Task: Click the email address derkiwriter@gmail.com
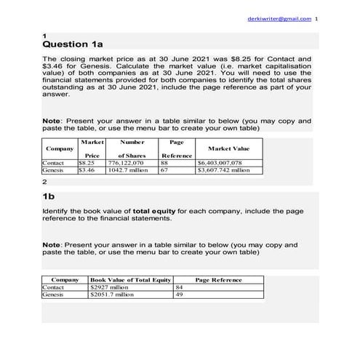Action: tap(279, 18)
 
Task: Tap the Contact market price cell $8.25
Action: tap(87, 164)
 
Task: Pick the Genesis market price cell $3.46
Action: tap(87, 170)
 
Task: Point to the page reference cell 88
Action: tap(164, 164)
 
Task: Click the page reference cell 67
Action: tap(164, 170)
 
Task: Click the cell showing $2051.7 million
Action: tap(112, 295)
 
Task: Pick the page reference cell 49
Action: tap(180, 295)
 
